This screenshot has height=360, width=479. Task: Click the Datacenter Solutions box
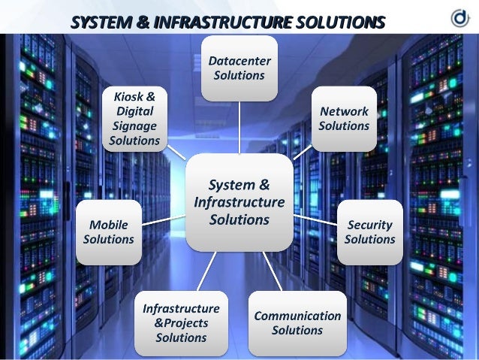239,68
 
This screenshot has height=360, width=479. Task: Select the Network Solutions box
344,119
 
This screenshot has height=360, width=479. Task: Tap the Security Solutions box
369,232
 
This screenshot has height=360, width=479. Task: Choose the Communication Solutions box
297,323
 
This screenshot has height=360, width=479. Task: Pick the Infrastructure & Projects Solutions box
181,323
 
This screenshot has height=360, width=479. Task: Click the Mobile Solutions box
109,232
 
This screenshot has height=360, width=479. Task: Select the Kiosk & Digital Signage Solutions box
134,119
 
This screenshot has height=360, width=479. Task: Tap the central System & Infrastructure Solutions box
239,202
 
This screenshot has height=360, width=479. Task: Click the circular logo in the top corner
460,18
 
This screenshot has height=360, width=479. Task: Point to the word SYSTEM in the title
101,23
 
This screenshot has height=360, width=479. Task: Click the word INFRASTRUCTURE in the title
223,23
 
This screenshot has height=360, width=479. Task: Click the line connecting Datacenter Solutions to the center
239,128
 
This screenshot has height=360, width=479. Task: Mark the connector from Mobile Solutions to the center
164,220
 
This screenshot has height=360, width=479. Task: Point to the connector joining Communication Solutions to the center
273,271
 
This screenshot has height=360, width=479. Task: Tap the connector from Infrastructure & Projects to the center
206,271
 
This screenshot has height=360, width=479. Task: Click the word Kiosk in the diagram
125,97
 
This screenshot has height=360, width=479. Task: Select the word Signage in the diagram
134,126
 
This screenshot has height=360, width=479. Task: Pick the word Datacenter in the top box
239,61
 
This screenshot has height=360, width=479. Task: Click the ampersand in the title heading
143,23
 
